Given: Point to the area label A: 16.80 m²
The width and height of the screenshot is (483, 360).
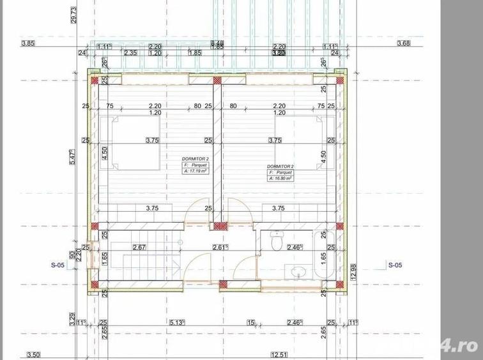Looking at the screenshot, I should pyautogui.click(x=280, y=178).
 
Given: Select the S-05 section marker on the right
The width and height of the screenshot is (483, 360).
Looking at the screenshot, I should pyautogui.click(x=395, y=264).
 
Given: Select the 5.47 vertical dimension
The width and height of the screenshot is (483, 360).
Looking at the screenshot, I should pyautogui.click(x=74, y=157).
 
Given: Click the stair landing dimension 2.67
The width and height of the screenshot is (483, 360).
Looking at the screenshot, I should pyautogui.click(x=139, y=247).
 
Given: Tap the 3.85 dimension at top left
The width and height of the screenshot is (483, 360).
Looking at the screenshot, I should pyautogui.click(x=27, y=43).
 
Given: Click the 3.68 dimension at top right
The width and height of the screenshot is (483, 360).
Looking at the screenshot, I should pyautogui.click(x=404, y=43).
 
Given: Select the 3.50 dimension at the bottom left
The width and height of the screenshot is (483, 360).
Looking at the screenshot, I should pyautogui.click(x=34, y=354).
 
